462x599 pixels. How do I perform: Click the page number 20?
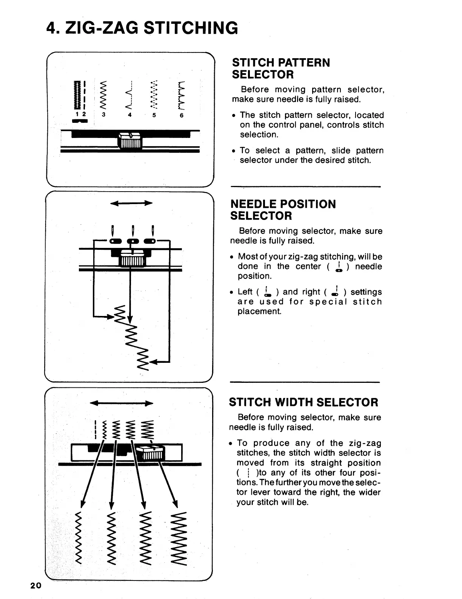35,585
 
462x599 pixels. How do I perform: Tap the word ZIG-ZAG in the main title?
102,28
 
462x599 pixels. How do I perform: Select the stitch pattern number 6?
181,115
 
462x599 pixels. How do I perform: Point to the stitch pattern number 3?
103,115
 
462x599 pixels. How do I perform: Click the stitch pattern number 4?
129,115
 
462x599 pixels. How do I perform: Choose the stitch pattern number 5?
154,115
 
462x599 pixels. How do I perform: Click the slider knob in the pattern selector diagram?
130,141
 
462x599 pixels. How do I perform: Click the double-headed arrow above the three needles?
131,203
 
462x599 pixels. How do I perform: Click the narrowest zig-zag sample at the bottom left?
79,539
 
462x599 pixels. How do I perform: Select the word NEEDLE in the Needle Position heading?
256,204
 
